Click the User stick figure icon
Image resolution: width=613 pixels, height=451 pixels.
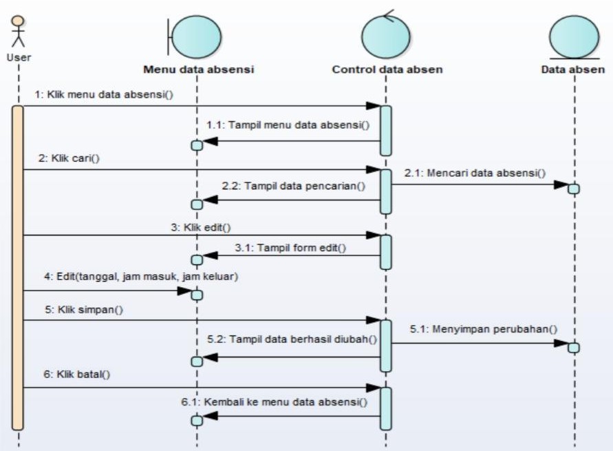click(19, 31)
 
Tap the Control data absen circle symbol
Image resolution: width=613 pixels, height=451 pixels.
click(385, 36)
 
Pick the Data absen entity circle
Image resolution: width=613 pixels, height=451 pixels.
click(574, 36)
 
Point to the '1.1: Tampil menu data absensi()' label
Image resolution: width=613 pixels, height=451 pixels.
click(288, 125)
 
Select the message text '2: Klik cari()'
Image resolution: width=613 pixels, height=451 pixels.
click(69, 158)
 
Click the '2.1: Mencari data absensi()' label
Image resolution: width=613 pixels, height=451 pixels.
click(475, 173)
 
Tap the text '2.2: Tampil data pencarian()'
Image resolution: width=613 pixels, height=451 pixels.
click(293, 186)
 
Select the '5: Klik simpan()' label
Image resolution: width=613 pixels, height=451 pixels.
click(80, 309)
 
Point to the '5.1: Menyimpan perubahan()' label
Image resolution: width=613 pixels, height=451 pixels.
click(484, 328)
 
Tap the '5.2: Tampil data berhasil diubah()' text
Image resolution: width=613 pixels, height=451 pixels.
click(292, 339)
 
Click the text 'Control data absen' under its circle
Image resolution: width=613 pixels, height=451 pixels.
click(387, 70)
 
